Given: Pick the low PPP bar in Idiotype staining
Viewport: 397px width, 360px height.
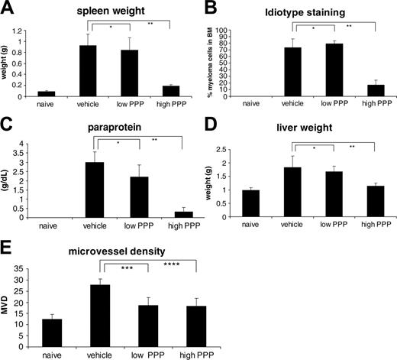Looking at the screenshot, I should [x=315, y=70].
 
